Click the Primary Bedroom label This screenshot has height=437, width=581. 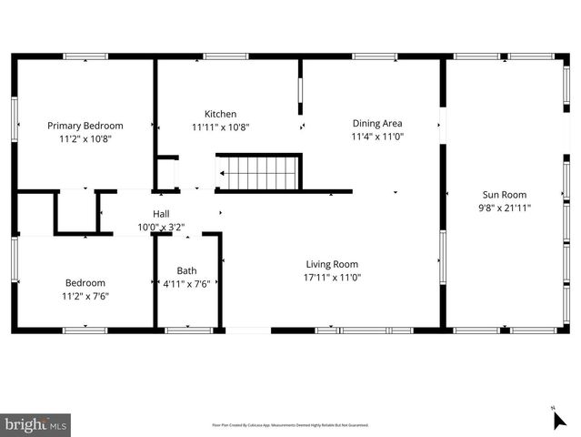pyautogui.click(x=85, y=126)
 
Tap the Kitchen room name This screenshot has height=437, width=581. pyautogui.click(x=220, y=113)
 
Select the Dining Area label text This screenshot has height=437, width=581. pyautogui.click(x=377, y=123)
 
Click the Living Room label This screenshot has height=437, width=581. pyautogui.click(x=332, y=264)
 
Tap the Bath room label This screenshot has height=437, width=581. pyautogui.click(x=186, y=270)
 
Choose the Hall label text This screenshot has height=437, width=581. pyautogui.click(x=161, y=214)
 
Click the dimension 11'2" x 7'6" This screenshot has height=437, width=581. pyautogui.click(x=85, y=296)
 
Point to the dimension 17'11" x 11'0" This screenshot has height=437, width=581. pyautogui.click(x=332, y=278)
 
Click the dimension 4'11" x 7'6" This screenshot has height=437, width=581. pyautogui.click(x=186, y=283)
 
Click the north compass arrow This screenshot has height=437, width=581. pyautogui.click(x=559, y=419)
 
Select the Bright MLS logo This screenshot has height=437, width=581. pyautogui.click(x=36, y=424)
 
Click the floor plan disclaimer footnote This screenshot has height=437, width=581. pyautogui.click(x=290, y=424)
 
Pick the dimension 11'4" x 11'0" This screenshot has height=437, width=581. pyautogui.click(x=377, y=137)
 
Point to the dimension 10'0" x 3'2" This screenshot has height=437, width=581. pyautogui.click(x=161, y=227)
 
